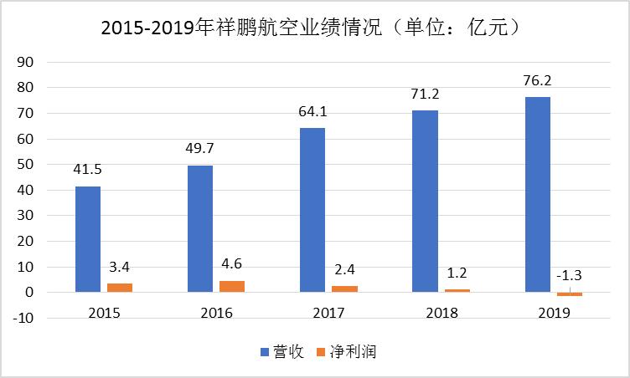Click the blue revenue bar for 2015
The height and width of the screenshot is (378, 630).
click(x=88, y=239)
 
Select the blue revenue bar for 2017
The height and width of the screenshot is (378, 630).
click(x=312, y=210)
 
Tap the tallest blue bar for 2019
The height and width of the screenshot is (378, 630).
click(x=537, y=195)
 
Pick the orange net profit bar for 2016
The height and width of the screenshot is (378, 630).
click(x=232, y=286)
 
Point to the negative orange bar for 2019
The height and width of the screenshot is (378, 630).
click(x=569, y=294)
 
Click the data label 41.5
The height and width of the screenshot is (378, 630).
click(x=88, y=169)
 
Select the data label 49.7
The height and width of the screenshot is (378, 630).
click(x=200, y=148)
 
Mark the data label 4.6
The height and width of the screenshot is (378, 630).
click(x=232, y=263)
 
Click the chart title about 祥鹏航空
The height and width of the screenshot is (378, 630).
click(x=315, y=28)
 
